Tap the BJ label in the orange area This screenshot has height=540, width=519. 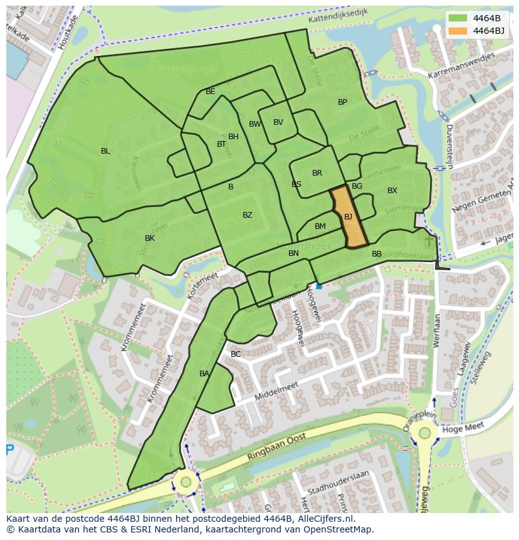[x=348, y=217]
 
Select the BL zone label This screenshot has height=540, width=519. [x=105, y=151]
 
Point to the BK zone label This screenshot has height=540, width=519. [x=150, y=238]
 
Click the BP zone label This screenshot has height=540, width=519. [x=342, y=102]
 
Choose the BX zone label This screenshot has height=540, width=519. [x=392, y=191]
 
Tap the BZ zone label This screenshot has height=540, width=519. [x=248, y=215]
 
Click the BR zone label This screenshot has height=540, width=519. [x=317, y=173]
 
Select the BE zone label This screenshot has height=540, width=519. [x=211, y=92]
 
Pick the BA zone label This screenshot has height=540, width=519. [x=204, y=374]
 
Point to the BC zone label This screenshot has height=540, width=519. [x=236, y=354]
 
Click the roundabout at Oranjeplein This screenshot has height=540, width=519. [x=425, y=433]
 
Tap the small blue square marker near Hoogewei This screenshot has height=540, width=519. [x=318, y=286]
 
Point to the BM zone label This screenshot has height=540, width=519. [x=320, y=226]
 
